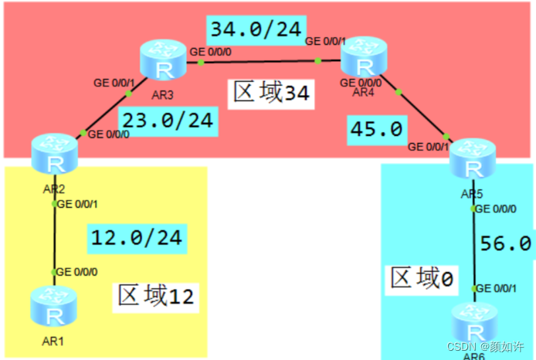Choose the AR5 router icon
472,160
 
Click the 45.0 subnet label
376,129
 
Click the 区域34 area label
272,93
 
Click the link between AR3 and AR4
263,60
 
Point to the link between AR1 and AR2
54,239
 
